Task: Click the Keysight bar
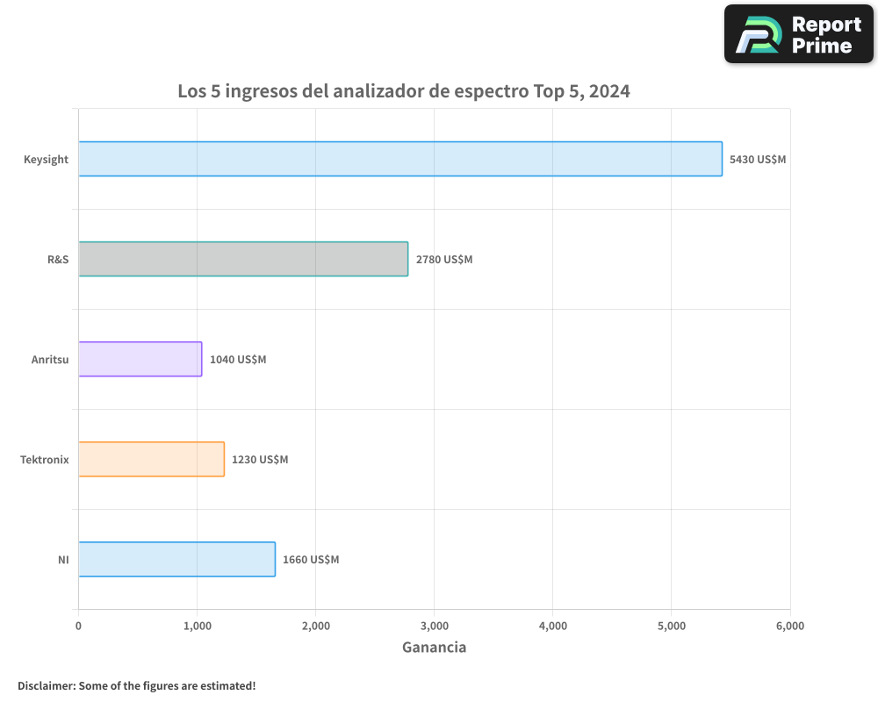pyautogui.click(x=400, y=159)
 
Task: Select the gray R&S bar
pyautogui.click(x=243, y=259)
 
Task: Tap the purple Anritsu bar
pyautogui.click(x=140, y=359)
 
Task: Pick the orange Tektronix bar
pyautogui.click(x=151, y=459)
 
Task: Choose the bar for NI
pyautogui.click(x=176, y=559)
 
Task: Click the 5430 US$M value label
pyautogui.click(x=758, y=160)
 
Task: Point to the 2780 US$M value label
pyautogui.click(x=444, y=260)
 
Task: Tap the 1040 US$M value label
pyautogui.click(x=238, y=360)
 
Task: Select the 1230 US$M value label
pyautogui.click(x=260, y=460)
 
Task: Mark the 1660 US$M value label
pyautogui.click(x=311, y=560)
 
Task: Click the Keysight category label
pyautogui.click(x=47, y=160)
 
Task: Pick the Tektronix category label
pyautogui.click(x=45, y=460)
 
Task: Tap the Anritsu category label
pyautogui.click(x=50, y=360)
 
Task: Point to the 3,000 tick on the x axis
pyautogui.click(x=434, y=626)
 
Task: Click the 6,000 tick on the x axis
pyautogui.click(x=789, y=626)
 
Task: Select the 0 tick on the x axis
pyautogui.click(x=78, y=626)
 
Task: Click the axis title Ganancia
pyautogui.click(x=434, y=648)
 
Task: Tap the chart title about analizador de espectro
pyautogui.click(x=404, y=90)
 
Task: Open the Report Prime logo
pyautogui.click(x=799, y=34)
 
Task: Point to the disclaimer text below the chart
pyautogui.click(x=137, y=685)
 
